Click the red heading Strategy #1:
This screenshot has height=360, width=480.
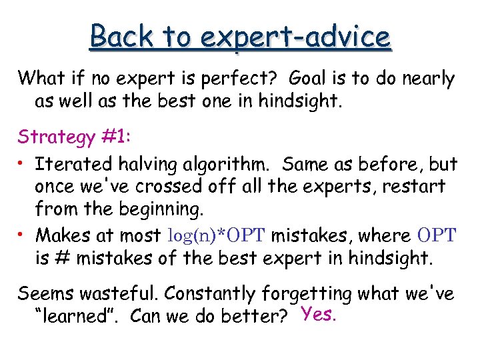click(74, 137)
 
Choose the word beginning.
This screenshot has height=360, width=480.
click(159, 211)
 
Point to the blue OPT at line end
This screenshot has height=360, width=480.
click(437, 235)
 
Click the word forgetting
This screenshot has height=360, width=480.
click(307, 293)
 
